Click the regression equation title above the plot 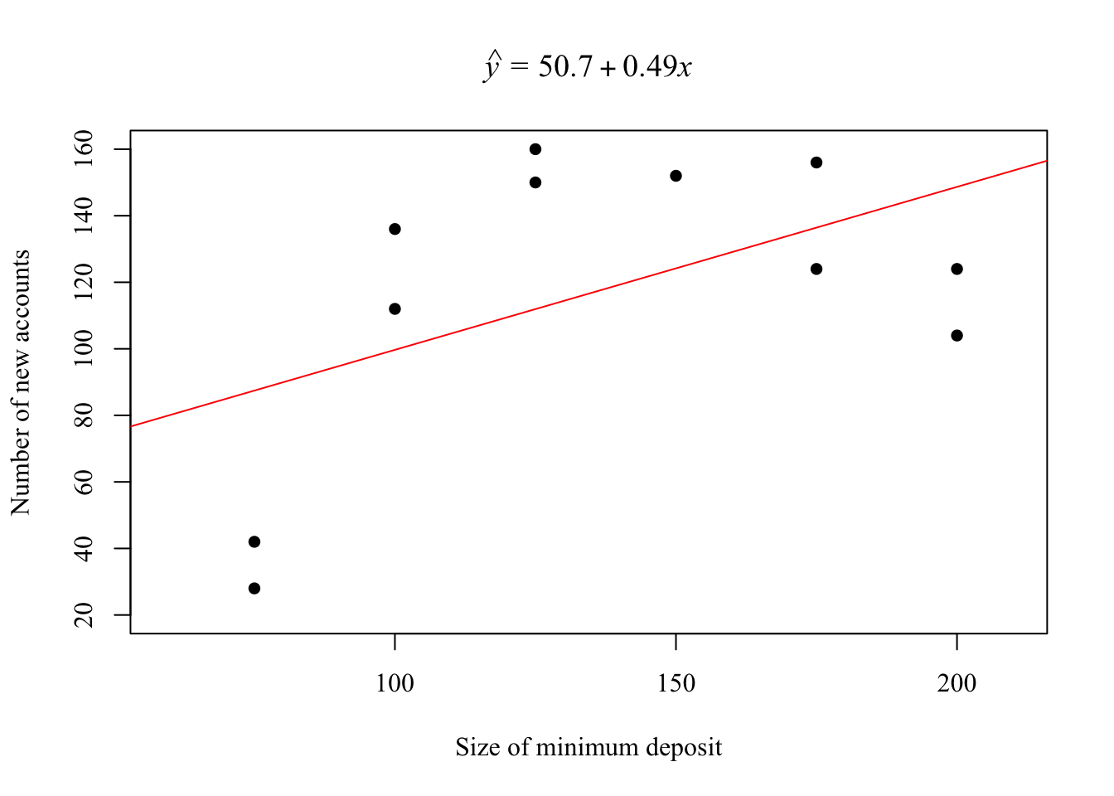(588, 66)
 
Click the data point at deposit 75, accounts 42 (254, 541)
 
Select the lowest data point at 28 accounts (254, 588)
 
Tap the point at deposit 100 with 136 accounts (395, 229)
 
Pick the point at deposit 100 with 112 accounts (395, 308)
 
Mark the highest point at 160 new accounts (535, 149)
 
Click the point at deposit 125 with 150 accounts (535, 182)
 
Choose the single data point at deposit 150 (676, 176)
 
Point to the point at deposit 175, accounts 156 (816, 163)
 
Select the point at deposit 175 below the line (816, 269)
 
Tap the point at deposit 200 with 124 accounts (957, 269)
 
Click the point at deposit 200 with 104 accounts (957, 335)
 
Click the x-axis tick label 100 (395, 683)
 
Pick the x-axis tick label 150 (676, 683)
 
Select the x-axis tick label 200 (957, 683)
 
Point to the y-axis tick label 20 (84, 614)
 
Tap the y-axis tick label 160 (84, 149)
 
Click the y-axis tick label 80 (84, 415)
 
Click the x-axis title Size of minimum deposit (588, 748)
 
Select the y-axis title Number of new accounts (21, 382)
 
